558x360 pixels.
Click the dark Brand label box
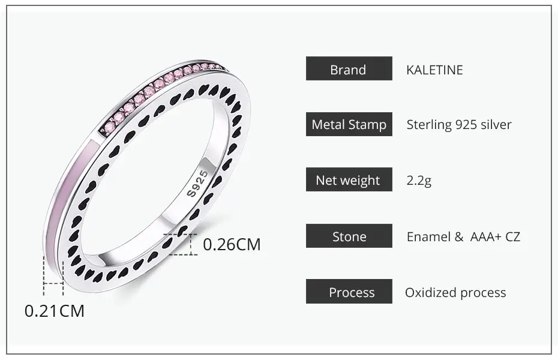(x=349, y=68)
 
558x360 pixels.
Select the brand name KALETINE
(x=434, y=70)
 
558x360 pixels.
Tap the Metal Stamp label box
(x=349, y=124)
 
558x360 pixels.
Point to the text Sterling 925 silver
(x=459, y=125)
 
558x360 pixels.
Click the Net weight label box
(x=349, y=179)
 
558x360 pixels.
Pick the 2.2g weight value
(x=419, y=181)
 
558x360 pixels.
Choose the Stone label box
(x=349, y=236)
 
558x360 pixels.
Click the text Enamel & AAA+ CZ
(x=463, y=237)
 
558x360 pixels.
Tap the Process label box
(x=349, y=292)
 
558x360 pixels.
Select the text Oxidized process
(x=455, y=293)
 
